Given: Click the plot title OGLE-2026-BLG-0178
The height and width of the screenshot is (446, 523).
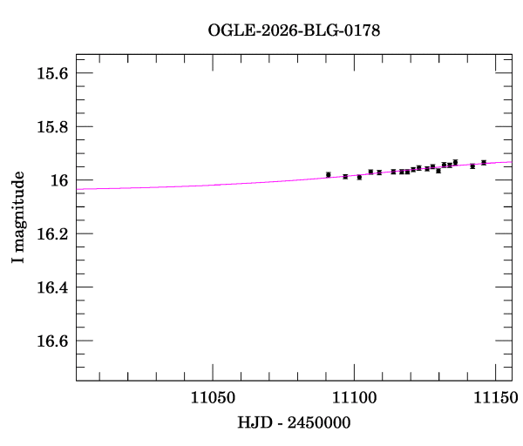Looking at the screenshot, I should (294, 30).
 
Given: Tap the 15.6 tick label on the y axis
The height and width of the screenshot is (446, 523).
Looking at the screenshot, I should (51, 73).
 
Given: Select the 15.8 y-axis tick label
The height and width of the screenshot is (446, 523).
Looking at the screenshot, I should (51, 127).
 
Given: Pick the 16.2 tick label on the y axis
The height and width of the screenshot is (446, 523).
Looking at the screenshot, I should (51, 234).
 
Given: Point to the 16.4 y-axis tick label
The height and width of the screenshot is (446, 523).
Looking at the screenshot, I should (51, 287).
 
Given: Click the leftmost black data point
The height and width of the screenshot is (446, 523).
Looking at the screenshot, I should (329, 175).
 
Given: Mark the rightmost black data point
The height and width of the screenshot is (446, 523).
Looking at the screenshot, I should (484, 162).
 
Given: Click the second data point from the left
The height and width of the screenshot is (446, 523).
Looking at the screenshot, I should (345, 177).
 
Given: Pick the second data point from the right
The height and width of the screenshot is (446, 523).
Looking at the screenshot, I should (472, 166).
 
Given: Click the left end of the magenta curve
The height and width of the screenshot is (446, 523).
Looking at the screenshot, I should (77, 188).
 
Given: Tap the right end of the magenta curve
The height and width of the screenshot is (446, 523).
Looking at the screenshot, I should (511, 162).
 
